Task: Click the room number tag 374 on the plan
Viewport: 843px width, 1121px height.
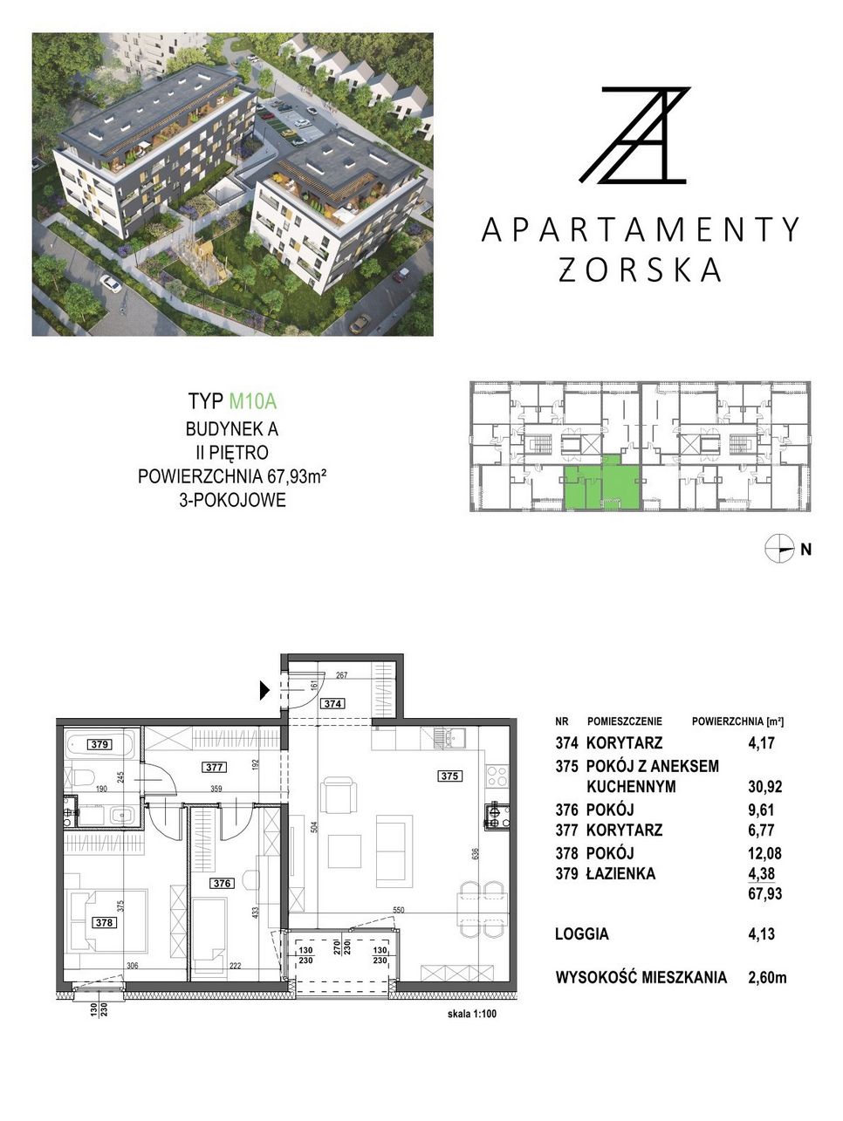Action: pos(332,704)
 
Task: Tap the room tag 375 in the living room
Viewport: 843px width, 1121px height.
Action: pos(449,776)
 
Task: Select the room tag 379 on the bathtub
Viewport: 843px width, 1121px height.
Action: pos(99,744)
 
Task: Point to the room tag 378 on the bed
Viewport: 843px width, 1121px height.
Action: pos(104,922)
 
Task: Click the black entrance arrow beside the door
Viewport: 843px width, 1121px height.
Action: pos(264,690)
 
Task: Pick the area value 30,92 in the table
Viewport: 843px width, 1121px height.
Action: pos(764,786)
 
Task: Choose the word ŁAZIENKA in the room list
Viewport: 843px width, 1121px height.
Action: pos(620,873)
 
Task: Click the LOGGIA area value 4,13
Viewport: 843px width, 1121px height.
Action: pos(762,933)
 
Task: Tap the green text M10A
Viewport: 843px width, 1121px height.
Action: pos(252,401)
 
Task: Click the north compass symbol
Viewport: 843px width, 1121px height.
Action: pos(779,549)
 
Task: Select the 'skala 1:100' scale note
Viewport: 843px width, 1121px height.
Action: pos(472,1014)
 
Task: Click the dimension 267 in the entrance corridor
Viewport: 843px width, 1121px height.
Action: pos(342,674)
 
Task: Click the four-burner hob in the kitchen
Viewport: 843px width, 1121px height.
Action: pos(497,776)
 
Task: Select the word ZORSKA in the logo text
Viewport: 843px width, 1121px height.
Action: pos(640,270)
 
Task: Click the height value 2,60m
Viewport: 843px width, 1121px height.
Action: pos(767,977)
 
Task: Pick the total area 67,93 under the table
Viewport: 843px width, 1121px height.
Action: pos(764,893)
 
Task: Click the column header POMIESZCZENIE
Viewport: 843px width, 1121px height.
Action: pos(624,721)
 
